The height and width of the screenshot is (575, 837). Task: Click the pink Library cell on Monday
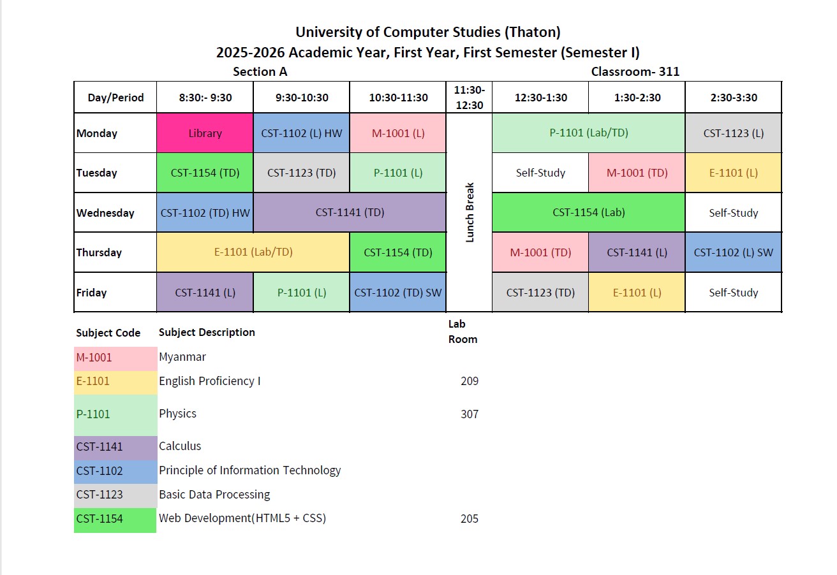pos(205,133)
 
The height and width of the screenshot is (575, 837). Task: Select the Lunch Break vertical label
pos(470,213)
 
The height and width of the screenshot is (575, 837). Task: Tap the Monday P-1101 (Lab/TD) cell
pos(588,133)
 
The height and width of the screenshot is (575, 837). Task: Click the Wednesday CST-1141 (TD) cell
pos(350,213)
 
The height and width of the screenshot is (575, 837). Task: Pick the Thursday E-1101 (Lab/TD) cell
pos(253,252)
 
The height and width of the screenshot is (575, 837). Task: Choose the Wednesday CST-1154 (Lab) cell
pos(588,213)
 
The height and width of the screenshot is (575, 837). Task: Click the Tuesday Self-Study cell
pos(540,173)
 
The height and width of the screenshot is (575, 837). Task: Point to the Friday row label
pos(92,293)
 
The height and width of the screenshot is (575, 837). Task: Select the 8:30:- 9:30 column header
pos(205,98)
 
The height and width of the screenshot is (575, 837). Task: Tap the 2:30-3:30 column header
pos(733,98)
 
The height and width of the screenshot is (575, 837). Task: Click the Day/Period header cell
pos(115,98)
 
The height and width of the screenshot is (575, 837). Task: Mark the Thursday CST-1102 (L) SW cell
pos(733,252)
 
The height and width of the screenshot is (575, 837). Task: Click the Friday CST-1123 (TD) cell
pos(540,293)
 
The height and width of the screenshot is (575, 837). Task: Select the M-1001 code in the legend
pos(94,358)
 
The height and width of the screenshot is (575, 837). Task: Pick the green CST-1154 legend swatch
pos(115,519)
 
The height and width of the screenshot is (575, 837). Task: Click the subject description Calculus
pos(180,446)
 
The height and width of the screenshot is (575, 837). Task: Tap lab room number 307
pos(469,414)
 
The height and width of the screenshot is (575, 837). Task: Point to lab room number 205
pos(469,519)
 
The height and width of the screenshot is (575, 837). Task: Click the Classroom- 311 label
pos(635,72)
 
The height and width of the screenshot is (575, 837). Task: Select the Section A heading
pos(260,72)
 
